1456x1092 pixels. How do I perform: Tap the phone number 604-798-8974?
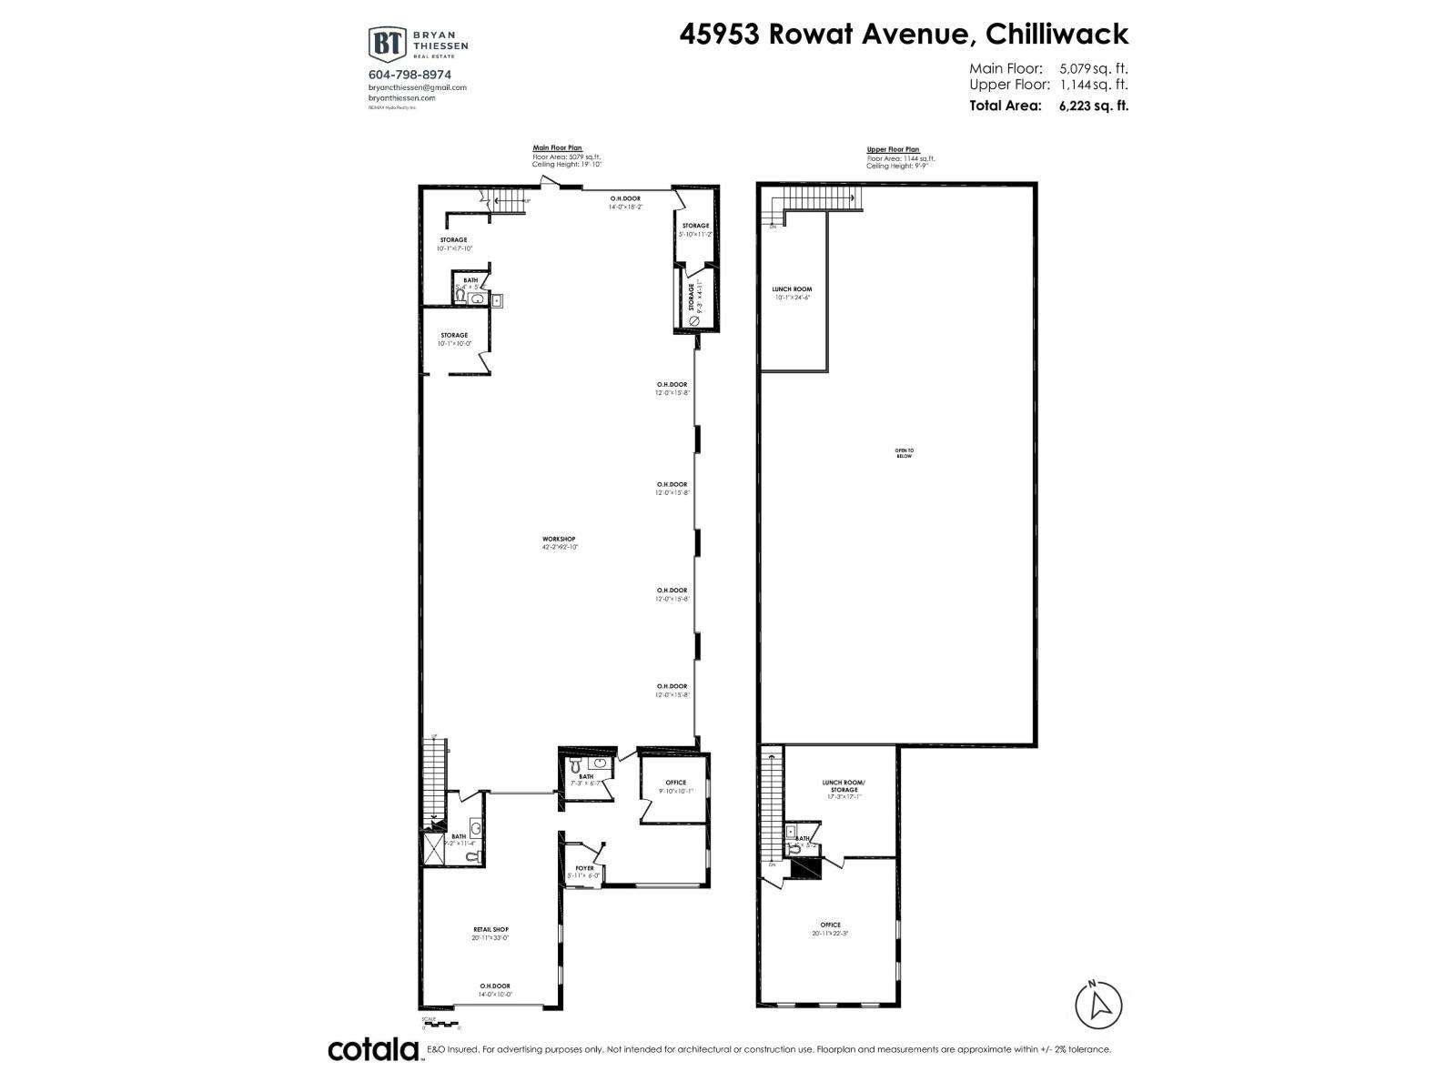(x=409, y=75)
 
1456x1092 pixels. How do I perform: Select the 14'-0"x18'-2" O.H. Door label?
(x=625, y=202)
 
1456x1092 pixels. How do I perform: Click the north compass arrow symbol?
(x=1098, y=1005)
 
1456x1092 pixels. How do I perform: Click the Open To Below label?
(x=904, y=452)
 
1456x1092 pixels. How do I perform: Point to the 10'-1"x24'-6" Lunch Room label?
(x=792, y=292)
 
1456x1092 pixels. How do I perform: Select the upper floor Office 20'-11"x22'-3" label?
(x=830, y=928)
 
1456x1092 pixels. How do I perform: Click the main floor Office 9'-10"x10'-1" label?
(x=675, y=786)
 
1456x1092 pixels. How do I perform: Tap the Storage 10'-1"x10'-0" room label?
(x=453, y=339)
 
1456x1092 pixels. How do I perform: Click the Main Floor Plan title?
(x=557, y=147)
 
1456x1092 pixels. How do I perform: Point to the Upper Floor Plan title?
(x=893, y=149)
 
